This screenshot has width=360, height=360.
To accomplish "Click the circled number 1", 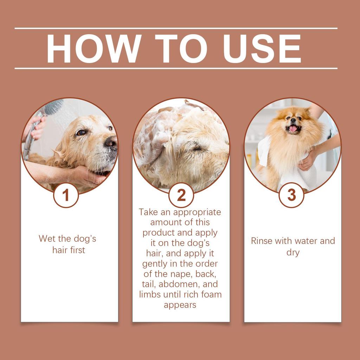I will coord(66,195).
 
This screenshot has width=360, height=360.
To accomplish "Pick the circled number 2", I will coord(181,195).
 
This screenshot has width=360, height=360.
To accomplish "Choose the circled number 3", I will coord(291,195).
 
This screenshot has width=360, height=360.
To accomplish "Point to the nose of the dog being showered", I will coord(111,142).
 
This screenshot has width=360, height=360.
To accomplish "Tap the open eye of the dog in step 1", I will coord(81,133).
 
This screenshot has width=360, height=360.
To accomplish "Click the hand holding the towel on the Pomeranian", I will coord(309,160).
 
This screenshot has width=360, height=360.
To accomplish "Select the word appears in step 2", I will coord(180,305).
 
